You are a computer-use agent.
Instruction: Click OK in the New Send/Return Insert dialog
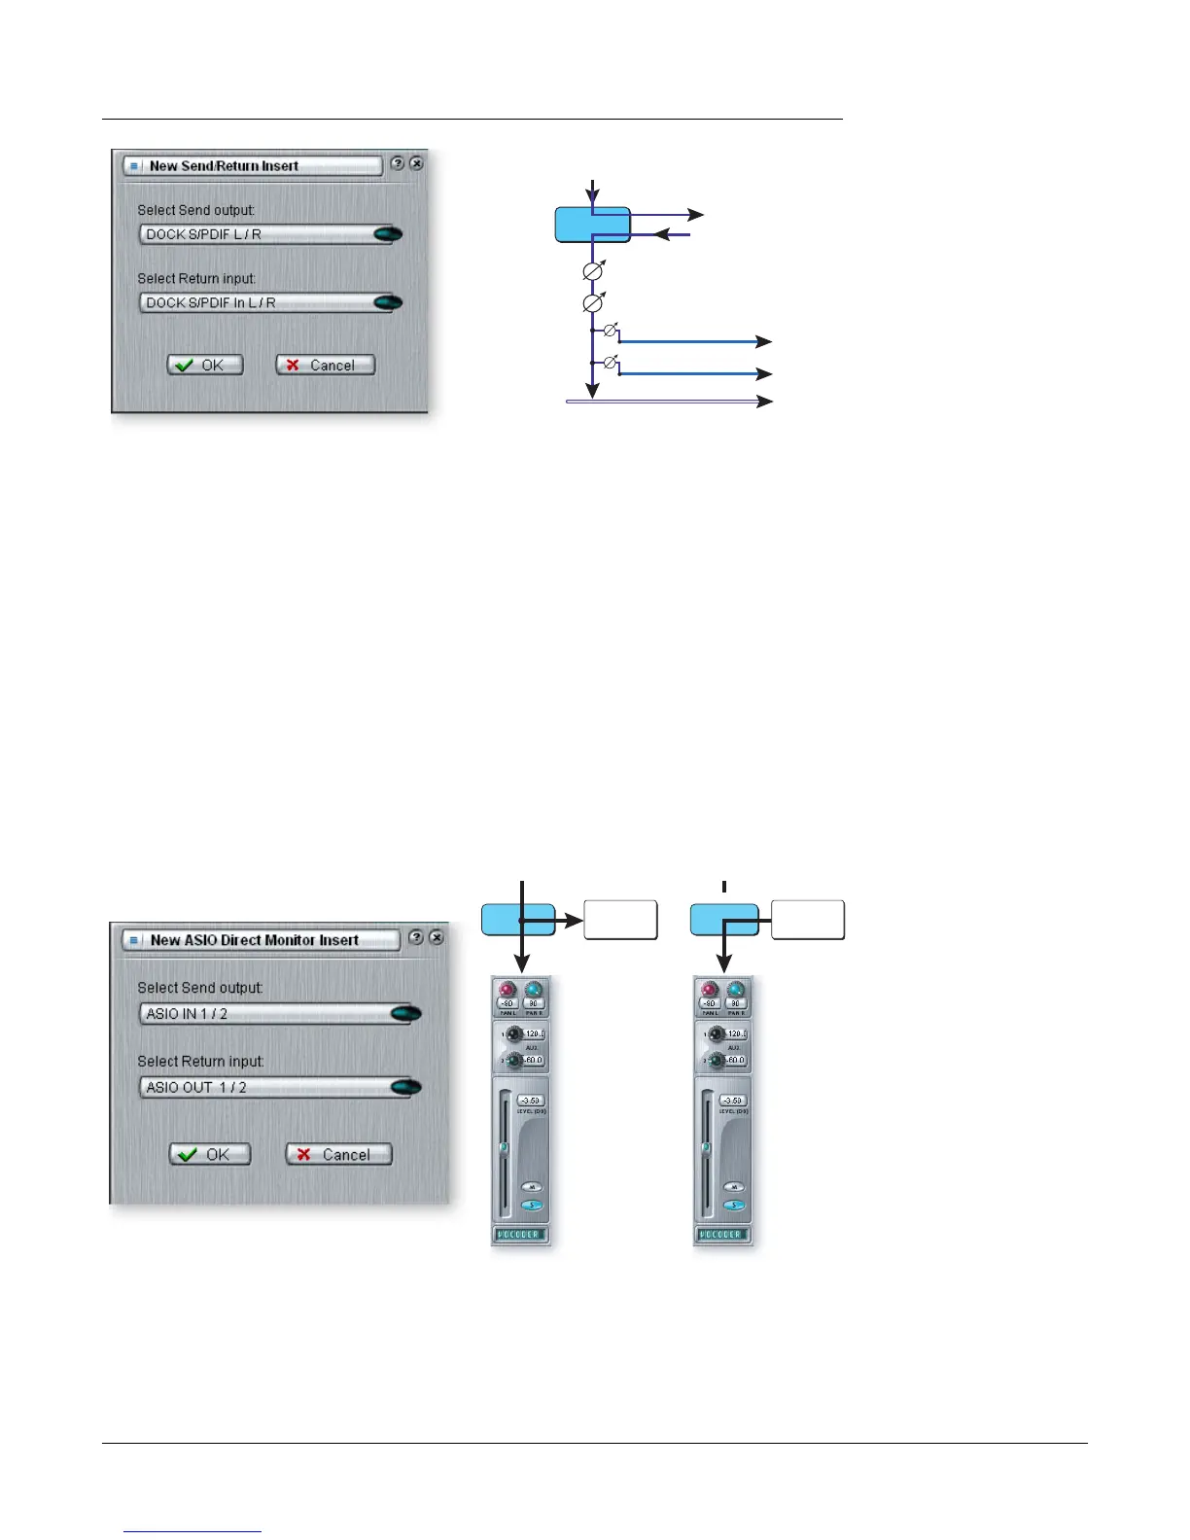click(205, 366)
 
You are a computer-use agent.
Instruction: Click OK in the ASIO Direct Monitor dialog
click(210, 1154)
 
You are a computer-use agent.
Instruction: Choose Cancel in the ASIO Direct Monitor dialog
click(338, 1154)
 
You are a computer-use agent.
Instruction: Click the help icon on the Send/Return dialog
click(397, 164)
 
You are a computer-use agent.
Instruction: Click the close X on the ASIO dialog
click(437, 937)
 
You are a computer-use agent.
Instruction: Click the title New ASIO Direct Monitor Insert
click(254, 940)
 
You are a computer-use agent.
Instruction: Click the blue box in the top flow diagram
click(592, 225)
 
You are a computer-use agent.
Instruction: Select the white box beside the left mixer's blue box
click(620, 920)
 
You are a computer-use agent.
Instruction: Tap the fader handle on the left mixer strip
click(504, 1147)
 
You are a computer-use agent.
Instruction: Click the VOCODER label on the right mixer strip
click(722, 1235)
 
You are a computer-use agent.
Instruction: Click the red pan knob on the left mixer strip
click(507, 990)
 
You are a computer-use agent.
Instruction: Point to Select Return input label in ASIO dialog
click(200, 1062)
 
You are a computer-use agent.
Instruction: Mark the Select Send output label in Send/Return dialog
click(195, 210)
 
